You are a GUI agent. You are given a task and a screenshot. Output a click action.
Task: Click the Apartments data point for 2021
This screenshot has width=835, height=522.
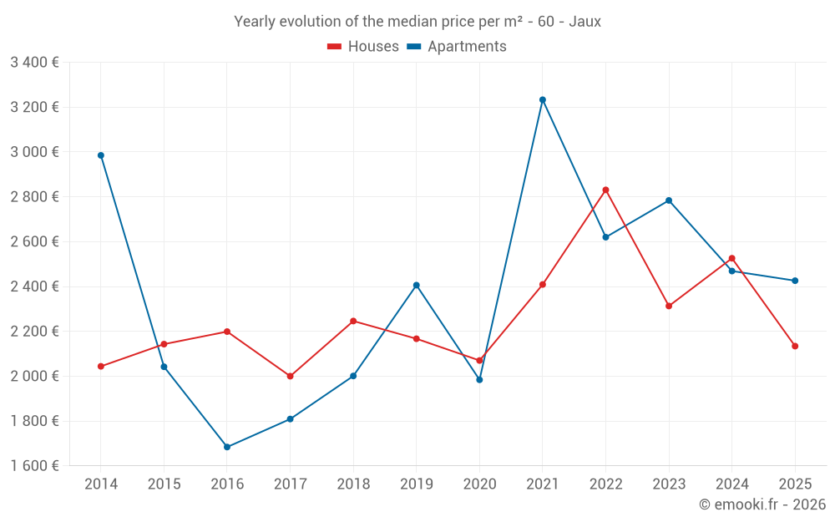point(543,99)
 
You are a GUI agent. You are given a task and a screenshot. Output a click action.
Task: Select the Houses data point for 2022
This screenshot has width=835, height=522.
point(606,190)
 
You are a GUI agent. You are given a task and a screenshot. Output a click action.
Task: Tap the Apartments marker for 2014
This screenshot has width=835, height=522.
point(101,155)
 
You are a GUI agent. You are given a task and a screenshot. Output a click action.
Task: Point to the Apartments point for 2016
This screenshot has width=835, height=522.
point(227,447)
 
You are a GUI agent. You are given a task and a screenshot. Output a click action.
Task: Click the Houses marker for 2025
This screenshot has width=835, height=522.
point(795,346)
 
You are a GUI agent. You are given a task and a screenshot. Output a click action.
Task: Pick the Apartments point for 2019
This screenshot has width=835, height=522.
point(417,285)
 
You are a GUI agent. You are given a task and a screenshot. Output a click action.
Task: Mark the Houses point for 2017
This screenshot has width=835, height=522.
point(291,376)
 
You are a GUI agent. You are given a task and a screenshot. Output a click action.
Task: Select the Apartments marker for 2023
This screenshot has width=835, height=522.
point(669,200)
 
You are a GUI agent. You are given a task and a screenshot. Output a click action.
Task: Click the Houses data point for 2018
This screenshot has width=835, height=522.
point(353,321)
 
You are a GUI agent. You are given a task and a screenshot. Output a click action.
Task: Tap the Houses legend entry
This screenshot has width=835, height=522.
point(363,47)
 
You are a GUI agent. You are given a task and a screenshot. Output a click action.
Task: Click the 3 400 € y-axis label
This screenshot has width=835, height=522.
point(34,63)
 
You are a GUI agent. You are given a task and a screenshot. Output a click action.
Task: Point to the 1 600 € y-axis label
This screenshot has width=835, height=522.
point(34,466)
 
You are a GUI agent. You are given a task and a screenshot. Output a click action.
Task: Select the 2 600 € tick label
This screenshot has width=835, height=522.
point(34,242)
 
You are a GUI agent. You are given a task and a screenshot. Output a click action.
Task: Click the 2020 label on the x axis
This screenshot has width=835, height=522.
point(479,484)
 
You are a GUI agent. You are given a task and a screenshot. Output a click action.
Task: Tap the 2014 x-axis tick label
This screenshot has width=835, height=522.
point(101,484)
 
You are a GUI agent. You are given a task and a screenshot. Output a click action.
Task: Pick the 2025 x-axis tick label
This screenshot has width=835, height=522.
point(795,484)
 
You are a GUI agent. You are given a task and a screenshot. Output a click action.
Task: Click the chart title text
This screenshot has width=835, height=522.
point(417,22)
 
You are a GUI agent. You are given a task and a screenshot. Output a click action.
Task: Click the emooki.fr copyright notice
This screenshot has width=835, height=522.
point(762,504)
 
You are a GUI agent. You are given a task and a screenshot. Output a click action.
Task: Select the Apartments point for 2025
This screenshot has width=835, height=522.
point(795,281)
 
